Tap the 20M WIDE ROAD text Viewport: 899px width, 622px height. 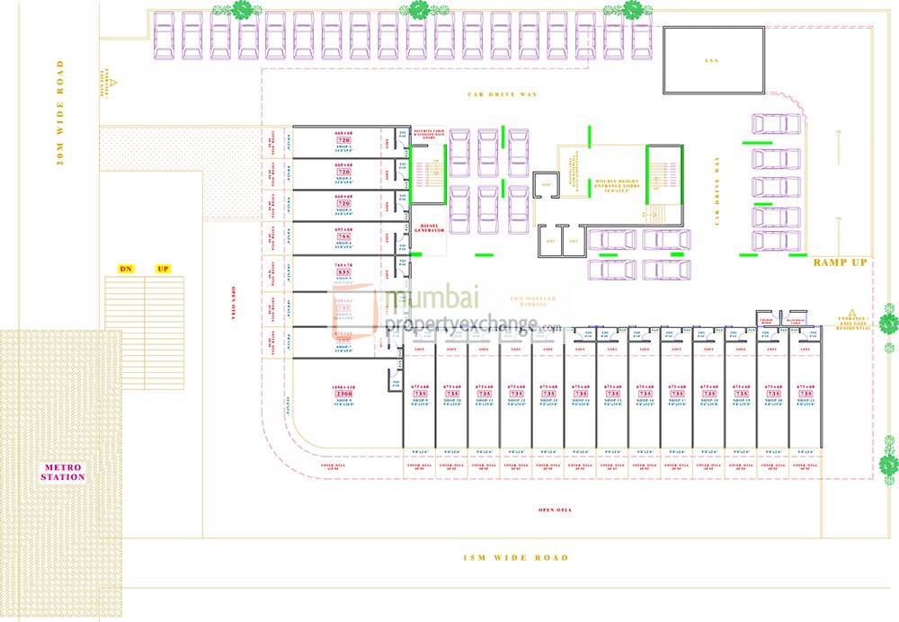(x=60, y=112)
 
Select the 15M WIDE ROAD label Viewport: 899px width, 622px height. (x=515, y=558)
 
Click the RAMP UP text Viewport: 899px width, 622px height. (x=840, y=262)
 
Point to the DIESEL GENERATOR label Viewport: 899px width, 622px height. (x=428, y=228)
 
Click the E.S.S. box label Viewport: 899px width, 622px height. (x=714, y=61)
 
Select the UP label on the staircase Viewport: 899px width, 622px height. (x=163, y=269)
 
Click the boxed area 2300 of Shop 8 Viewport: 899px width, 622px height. (x=343, y=393)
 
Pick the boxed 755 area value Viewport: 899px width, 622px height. (x=343, y=238)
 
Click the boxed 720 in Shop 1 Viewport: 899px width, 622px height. (x=343, y=141)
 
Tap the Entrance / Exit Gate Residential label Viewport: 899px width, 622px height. (x=854, y=324)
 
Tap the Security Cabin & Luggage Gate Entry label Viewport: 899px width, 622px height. (x=428, y=135)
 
